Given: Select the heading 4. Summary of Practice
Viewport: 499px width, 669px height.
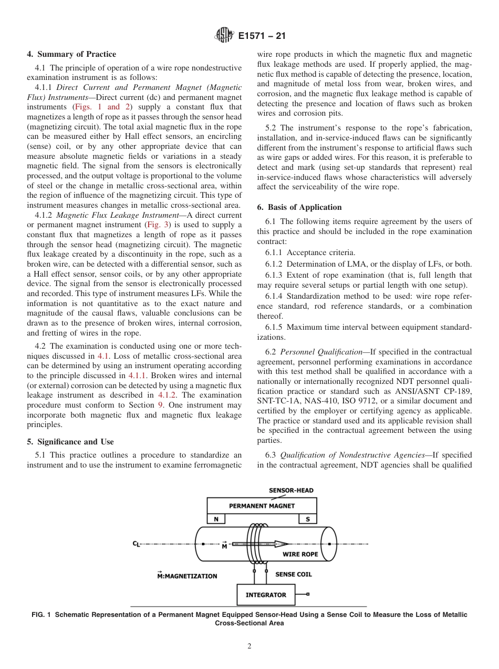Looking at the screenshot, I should click(x=71, y=54).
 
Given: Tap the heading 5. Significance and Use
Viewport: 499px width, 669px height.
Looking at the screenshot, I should click(x=70, y=442).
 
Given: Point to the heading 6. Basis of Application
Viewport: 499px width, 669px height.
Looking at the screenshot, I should click(x=299, y=207).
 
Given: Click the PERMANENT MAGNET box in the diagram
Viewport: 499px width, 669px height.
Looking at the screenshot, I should click(x=262, y=506).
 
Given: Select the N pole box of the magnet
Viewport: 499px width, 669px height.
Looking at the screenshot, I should click(x=216, y=519).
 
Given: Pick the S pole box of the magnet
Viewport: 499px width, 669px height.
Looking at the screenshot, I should click(x=308, y=519).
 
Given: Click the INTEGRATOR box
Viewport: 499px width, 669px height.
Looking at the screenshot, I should click(x=266, y=595).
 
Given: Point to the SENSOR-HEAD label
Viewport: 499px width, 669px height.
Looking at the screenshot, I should click(x=291, y=490).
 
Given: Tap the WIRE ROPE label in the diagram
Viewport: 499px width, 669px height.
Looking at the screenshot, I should click(x=300, y=554).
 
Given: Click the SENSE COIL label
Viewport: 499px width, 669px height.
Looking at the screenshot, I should click(x=293, y=574).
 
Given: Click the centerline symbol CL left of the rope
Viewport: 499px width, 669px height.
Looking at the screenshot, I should click(x=136, y=544).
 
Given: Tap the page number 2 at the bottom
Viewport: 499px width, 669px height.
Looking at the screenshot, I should click(x=249, y=646).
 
